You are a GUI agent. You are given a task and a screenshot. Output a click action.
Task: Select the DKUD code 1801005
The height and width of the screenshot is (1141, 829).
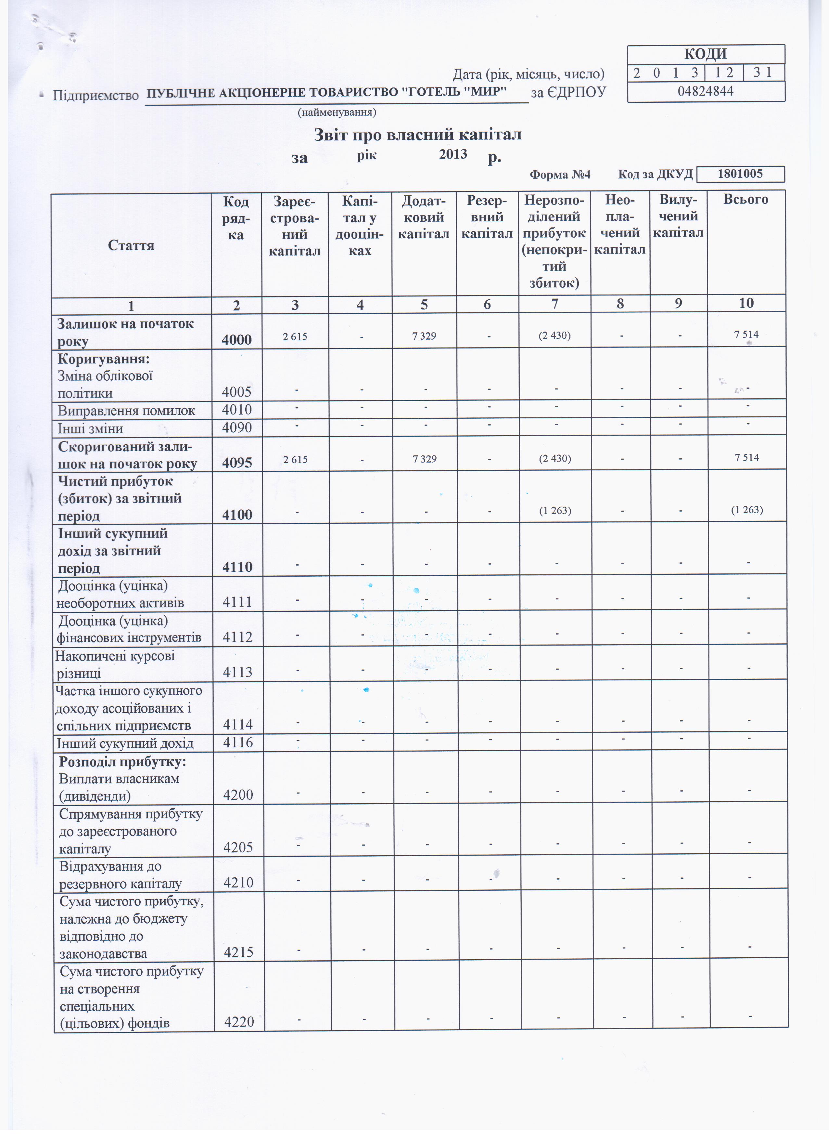(740, 174)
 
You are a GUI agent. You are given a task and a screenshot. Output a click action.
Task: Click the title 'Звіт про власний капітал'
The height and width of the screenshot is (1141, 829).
(417, 135)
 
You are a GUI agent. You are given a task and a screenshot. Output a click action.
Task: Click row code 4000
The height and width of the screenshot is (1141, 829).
(236, 340)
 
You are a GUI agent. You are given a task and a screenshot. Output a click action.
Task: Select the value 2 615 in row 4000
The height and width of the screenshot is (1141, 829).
(295, 336)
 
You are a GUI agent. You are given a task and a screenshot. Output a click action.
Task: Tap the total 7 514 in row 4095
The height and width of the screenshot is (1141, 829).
(746, 458)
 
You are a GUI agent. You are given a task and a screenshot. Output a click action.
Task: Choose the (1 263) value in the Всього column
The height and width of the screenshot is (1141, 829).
(747, 510)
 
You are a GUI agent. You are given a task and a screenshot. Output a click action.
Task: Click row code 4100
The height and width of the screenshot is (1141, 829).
(237, 515)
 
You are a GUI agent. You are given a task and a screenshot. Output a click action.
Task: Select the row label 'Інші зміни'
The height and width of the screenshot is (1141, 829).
(91, 429)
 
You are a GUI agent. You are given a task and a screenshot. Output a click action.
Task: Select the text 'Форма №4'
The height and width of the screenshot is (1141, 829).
(560, 175)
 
